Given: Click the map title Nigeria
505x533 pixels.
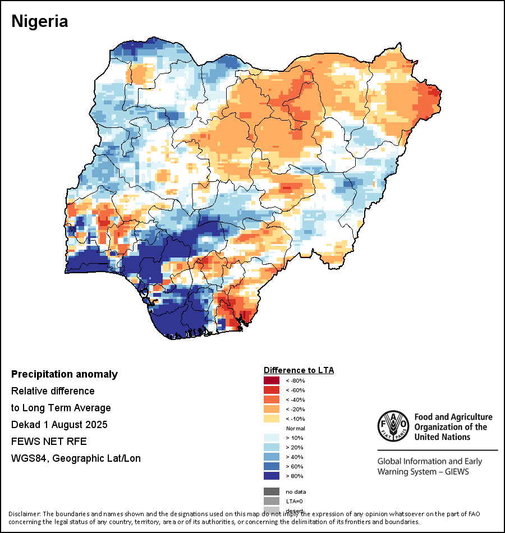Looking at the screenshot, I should tap(40, 21).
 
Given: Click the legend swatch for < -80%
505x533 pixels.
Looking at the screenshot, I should tap(272, 381).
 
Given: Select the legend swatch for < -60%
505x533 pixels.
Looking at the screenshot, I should tap(272, 390).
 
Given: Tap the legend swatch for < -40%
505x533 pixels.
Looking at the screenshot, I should tap(272, 400).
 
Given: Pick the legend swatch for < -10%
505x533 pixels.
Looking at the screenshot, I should tap(272, 419).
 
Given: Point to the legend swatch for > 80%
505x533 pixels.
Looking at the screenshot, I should tap(272, 476).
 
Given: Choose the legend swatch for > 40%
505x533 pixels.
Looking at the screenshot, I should tap(272, 457).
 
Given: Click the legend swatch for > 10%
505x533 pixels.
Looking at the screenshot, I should tap(272, 438).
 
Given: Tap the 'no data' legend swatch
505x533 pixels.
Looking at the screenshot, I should tap(272, 491).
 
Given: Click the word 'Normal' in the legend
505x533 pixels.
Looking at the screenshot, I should tap(295, 429).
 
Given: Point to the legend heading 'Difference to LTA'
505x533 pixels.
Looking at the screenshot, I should tap(299, 370).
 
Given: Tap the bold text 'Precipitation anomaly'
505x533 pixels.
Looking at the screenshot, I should tap(65, 374).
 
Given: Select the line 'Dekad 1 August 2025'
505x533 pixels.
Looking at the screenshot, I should tap(59, 424).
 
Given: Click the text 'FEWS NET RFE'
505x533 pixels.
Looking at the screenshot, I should tap(49, 441).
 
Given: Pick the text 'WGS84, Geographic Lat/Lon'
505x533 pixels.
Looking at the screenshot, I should tap(76, 458).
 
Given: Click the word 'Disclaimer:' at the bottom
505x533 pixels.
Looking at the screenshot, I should tap(24, 514).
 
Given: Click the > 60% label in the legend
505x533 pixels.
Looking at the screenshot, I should tap(295, 467).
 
